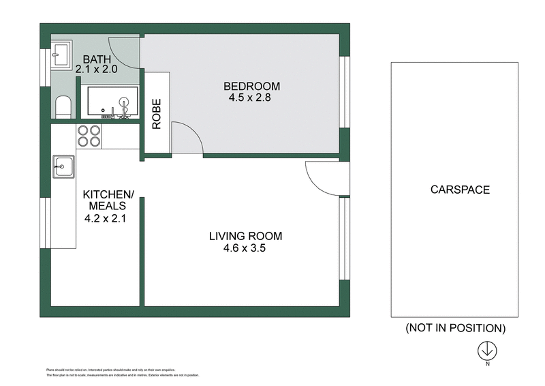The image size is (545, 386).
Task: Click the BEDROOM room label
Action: click(x=252, y=86)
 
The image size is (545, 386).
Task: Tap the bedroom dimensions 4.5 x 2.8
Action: click(x=252, y=98)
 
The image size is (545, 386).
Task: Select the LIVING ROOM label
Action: click(x=245, y=237)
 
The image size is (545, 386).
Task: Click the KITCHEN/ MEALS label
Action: click(x=106, y=200)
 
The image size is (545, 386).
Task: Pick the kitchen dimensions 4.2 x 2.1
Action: click(x=106, y=219)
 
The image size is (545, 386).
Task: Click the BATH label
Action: click(x=97, y=59)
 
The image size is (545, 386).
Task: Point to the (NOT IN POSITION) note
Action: click(x=455, y=328)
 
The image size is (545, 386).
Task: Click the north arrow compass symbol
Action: click(x=487, y=351)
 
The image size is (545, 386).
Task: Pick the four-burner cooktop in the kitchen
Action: click(x=89, y=136)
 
